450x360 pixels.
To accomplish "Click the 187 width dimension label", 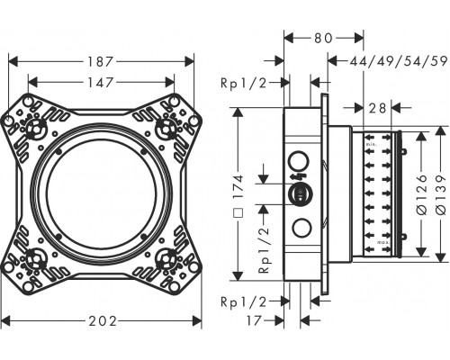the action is pyautogui.click(x=100, y=62).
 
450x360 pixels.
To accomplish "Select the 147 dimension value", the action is pyautogui.click(x=100, y=82).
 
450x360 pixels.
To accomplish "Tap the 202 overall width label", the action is pyautogui.click(x=103, y=321).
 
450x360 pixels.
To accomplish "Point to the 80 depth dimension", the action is pyautogui.click(x=323, y=38).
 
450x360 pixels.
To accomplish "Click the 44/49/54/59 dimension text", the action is pyautogui.click(x=399, y=61).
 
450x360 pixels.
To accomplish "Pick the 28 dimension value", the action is pyautogui.click(x=377, y=108).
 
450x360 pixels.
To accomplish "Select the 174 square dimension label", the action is pyautogui.click(x=238, y=195).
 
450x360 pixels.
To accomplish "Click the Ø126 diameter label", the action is pyautogui.click(x=422, y=194).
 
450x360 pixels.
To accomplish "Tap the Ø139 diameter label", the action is pyautogui.click(x=441, y=194).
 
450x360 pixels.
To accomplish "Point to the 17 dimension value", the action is pyautogui.click(x=254, y=320).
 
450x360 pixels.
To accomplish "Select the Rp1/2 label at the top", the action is pyautogui.click(x=244, y=83).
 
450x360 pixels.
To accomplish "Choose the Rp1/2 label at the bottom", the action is pyautogui.click(x=244, y=301).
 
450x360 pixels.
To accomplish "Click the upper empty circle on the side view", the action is pyautogui.click(x=299, y=161).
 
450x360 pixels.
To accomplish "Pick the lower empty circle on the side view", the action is pyautogui.click(x=301, y=229).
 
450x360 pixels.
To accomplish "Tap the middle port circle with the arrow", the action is pyautogui.click(x=301, y=194).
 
